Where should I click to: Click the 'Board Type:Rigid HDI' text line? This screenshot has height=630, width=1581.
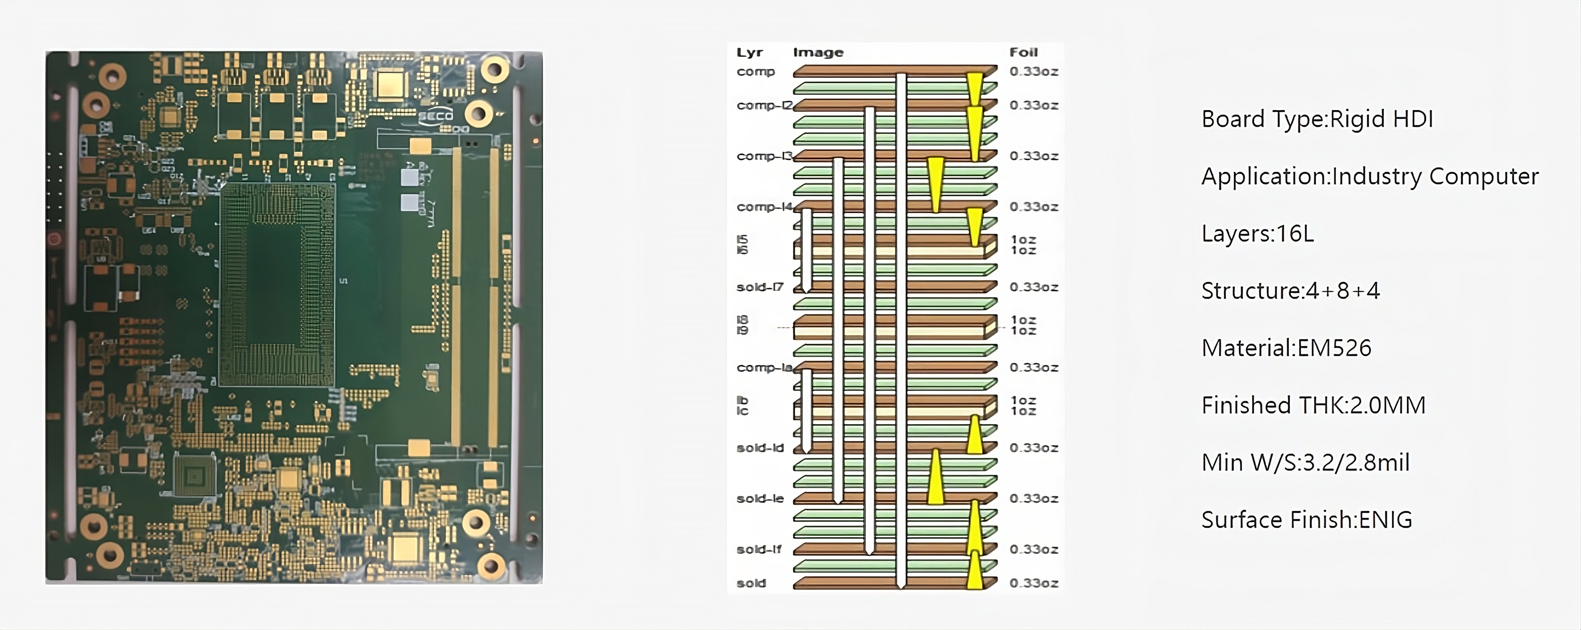(x=1317, y=119)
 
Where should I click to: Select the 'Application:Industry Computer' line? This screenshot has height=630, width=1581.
(x=1370, y=177)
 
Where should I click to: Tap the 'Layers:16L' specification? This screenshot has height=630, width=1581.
(x=1258, y=234)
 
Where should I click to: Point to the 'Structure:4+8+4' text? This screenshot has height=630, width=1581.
(x=1290, y=291)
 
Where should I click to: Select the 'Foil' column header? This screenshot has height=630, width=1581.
(x=1023, y=53)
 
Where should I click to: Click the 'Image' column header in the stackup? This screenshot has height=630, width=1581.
(x=818, y=53)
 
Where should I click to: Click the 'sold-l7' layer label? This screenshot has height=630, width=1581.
(x=760, y=287)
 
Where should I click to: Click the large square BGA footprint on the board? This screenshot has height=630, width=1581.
(x=278, y=284)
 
